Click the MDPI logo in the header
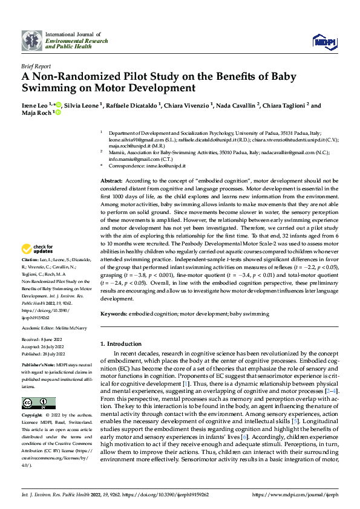[322, 41]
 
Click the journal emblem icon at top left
[32, 41]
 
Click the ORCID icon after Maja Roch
[59, 113]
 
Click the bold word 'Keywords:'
[113, 314]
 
